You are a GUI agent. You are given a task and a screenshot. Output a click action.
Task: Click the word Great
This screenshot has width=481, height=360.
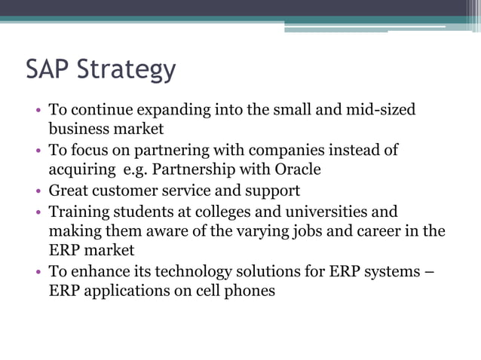click(x=68, y=191)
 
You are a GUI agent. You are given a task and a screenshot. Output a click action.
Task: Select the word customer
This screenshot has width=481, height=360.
click(x=124, y=191)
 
